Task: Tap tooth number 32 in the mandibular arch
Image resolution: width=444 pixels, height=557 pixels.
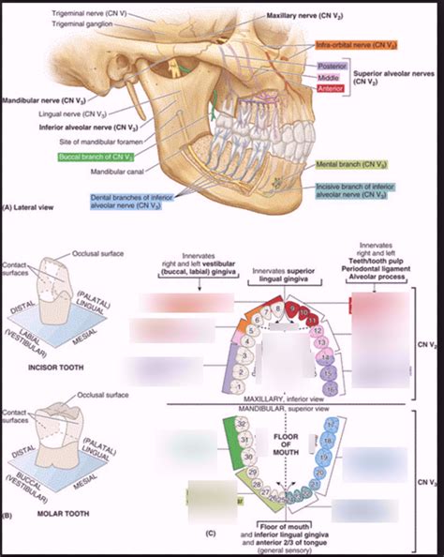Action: pyautogui.click(x=242, y=425)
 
